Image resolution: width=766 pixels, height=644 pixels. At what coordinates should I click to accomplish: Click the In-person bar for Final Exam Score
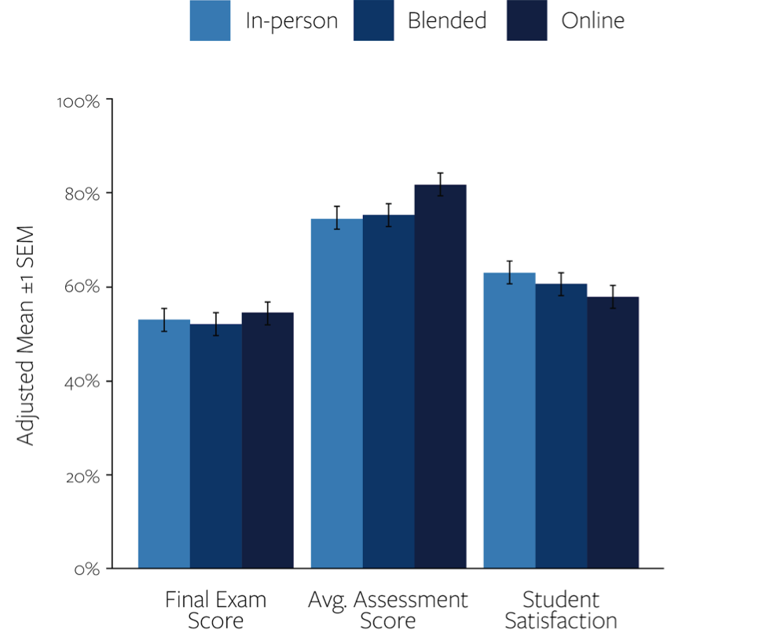tap(164, 444)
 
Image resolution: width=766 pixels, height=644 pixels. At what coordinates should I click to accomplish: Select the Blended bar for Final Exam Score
tap(216, 446)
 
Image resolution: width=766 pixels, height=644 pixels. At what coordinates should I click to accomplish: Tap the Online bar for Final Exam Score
tap(268, 441)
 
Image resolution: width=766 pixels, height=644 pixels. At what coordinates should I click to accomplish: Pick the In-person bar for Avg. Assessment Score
tap(337, 393)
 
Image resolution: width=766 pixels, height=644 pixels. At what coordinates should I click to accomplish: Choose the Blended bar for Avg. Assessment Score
tap(389, 392)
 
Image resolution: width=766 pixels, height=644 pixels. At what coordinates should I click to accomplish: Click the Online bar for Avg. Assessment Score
tap(441, 376)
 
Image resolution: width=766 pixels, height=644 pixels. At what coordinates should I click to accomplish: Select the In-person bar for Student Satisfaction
tap(509, 420)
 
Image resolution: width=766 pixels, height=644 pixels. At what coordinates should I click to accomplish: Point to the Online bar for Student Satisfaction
tap(613, 433)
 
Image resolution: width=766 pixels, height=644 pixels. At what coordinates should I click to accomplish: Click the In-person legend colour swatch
tap(210, 20)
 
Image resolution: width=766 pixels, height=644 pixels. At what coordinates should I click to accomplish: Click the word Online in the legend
tap(592, 20)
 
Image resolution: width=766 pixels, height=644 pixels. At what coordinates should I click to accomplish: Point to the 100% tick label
tap(78, 103)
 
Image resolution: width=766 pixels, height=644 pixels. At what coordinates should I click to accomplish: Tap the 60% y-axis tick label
tap(82, 287)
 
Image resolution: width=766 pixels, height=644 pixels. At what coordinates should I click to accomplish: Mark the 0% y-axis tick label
tap(86, 569)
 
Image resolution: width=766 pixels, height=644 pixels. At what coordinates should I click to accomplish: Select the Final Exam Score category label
tap(215, 610)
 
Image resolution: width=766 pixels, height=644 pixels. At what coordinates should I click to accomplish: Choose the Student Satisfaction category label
tap(560, 610)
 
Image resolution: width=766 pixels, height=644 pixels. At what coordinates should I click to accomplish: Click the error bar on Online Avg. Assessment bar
tap(441, 185)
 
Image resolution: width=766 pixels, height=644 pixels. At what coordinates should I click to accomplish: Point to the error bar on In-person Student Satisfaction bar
tap(509, 272)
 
